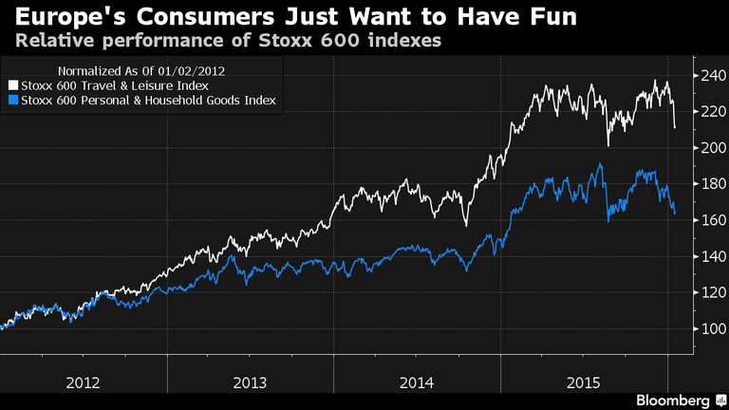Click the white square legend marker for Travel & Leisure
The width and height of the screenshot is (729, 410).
[11, 84]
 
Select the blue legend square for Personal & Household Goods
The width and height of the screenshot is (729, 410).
[11, 99]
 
